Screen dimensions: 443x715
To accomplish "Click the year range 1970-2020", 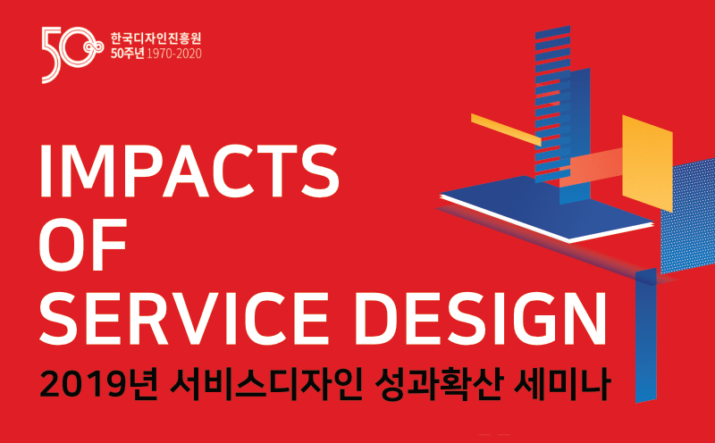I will (175, 54).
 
